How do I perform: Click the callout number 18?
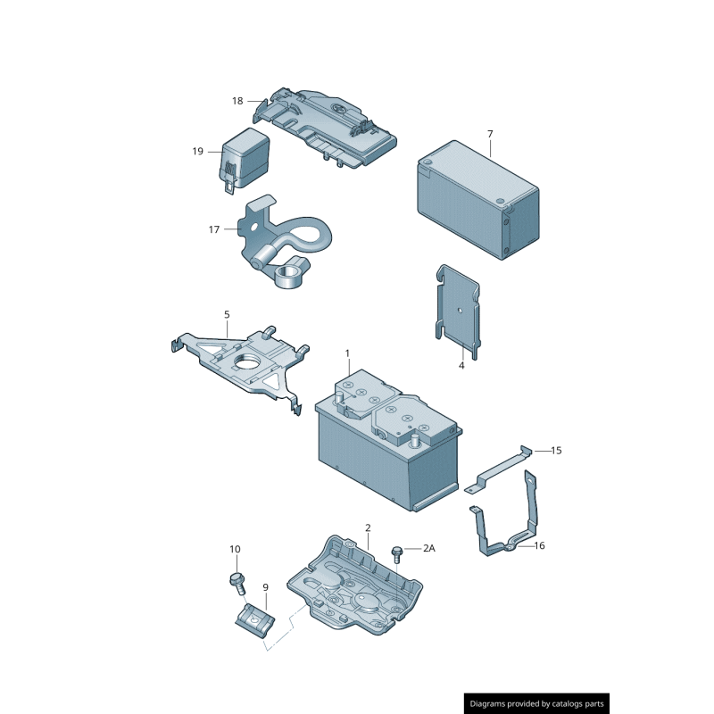click(x=237, y=101)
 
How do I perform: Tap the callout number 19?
click(x=198, y=152)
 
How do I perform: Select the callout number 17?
click(x=214, y=229)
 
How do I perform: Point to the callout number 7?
click(x=490, y=134)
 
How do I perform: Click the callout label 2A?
click(x=428, y=548)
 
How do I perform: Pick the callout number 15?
click(x=556, y=451)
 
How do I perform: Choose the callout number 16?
click(x=539, y=544)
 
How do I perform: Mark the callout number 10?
click(x=235, y=549)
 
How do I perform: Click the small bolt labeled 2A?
click(x=397, y=552)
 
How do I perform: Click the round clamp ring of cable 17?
click(x=290, y=274)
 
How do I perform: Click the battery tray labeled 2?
click(x=357, y=594)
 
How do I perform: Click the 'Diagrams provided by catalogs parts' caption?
click(x=537, y=703)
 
